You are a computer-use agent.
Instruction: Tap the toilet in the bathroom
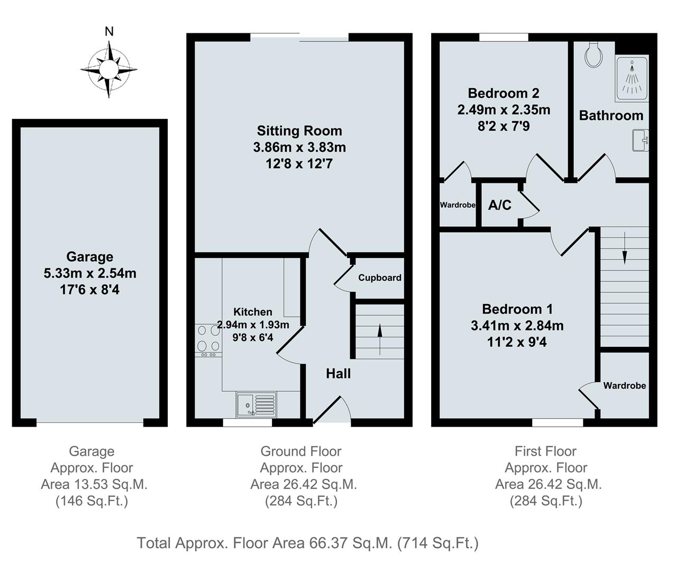[594, 54]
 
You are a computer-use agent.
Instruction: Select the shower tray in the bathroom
[631, 78]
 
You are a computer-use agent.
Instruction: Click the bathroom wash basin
[642, 140]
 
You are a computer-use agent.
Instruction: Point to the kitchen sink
[256, 404]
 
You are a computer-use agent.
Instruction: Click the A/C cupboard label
[499, 205]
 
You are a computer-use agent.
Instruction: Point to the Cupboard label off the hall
[379, 278]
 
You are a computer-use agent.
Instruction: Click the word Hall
[338, 374]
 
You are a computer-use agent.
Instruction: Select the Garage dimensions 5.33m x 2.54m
[90, 273]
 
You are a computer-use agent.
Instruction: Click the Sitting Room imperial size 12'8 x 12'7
[299, 163]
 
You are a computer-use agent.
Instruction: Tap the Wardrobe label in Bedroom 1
[624, 386]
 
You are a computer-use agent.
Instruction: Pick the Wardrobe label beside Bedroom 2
[458, 205]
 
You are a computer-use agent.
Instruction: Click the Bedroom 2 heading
[503, 94]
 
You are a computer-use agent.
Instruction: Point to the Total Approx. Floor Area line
[307, 543]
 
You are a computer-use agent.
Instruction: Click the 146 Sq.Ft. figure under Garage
[92, 501]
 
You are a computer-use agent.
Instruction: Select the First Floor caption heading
[545, 451]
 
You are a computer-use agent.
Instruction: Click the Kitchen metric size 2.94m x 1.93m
[253, 325]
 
